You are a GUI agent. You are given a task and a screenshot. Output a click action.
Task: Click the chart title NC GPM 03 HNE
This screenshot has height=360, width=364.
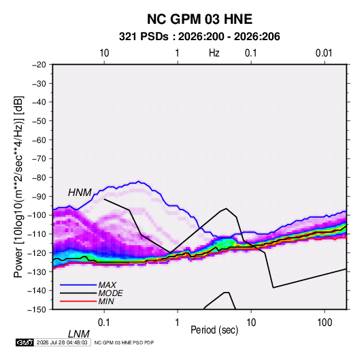pos(199,19)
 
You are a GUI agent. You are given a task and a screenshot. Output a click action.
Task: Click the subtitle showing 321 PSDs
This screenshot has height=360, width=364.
pos(199,37)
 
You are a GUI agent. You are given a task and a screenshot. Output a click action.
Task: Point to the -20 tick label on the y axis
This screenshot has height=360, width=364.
pos(39,65)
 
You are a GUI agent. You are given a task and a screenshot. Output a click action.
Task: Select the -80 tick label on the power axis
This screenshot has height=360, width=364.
pos(39,178)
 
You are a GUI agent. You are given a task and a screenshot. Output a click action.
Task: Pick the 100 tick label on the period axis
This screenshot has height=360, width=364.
pos(325,323)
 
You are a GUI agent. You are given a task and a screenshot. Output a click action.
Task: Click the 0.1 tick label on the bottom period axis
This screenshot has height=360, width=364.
pos(104,323)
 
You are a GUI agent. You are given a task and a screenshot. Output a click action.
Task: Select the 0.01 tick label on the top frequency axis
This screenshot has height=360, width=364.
pos(324,53)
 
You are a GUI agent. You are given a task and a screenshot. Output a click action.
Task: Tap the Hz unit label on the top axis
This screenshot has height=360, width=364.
pos(214,53)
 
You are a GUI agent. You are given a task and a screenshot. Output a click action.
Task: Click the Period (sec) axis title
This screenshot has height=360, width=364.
pos(214,329)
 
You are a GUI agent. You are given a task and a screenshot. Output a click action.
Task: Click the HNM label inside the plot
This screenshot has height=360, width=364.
pos(80,193)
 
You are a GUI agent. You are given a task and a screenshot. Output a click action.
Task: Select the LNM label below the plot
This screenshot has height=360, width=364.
pos(79,334)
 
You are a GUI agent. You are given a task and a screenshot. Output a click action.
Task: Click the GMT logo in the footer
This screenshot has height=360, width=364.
pos(25,342)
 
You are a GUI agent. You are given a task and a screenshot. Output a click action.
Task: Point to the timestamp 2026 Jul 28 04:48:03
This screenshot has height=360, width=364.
pos(62,342)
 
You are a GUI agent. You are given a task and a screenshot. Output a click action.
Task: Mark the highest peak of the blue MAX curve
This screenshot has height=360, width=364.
pos(139,181)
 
